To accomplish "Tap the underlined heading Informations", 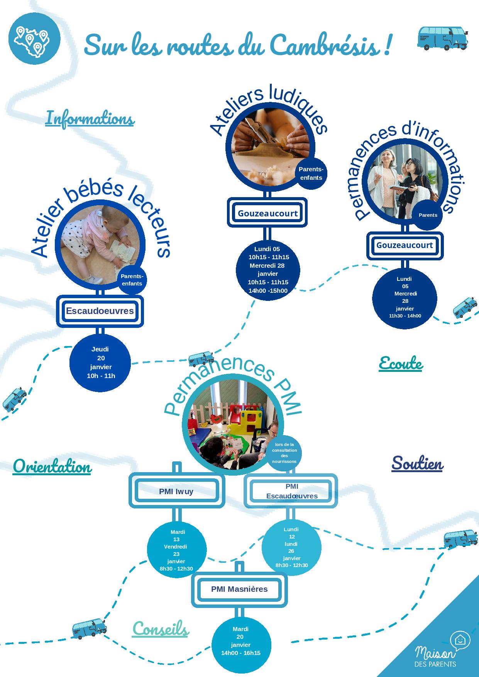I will [90, 118].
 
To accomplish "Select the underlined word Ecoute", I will [400, 363].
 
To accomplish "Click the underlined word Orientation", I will [52, 467].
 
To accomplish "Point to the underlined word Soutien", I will [417, 463].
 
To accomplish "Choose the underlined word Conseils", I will [160, 629].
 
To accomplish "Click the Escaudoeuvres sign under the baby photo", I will [100, 311].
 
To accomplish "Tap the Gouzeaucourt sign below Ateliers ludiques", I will [267, 213].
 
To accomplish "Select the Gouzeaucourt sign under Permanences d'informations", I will [405, 245].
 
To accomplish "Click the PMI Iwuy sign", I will [176, 491].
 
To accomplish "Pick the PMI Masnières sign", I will [239, 589].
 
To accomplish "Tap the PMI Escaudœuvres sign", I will [291, 491].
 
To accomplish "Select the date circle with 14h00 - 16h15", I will [241, 645].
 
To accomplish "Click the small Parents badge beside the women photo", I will [428, 215].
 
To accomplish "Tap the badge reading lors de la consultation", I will [284, 453].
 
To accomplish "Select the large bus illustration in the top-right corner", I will [442, 38].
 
